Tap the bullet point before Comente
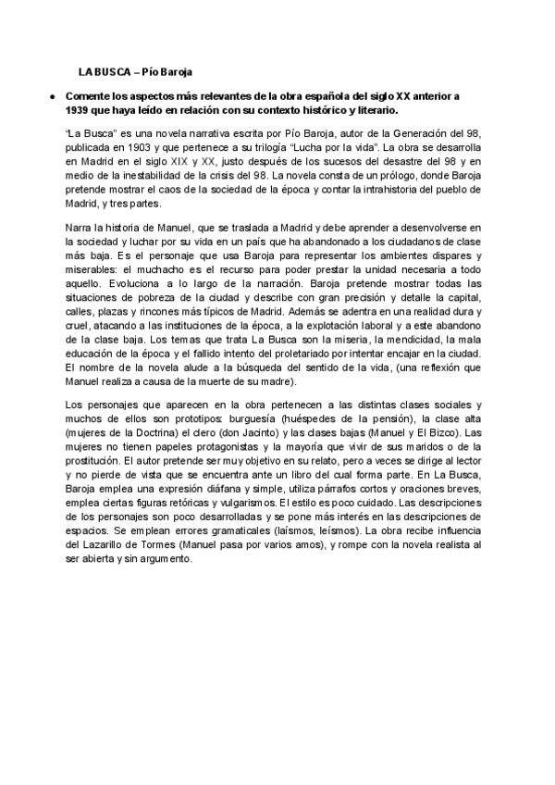coord(55,96)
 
